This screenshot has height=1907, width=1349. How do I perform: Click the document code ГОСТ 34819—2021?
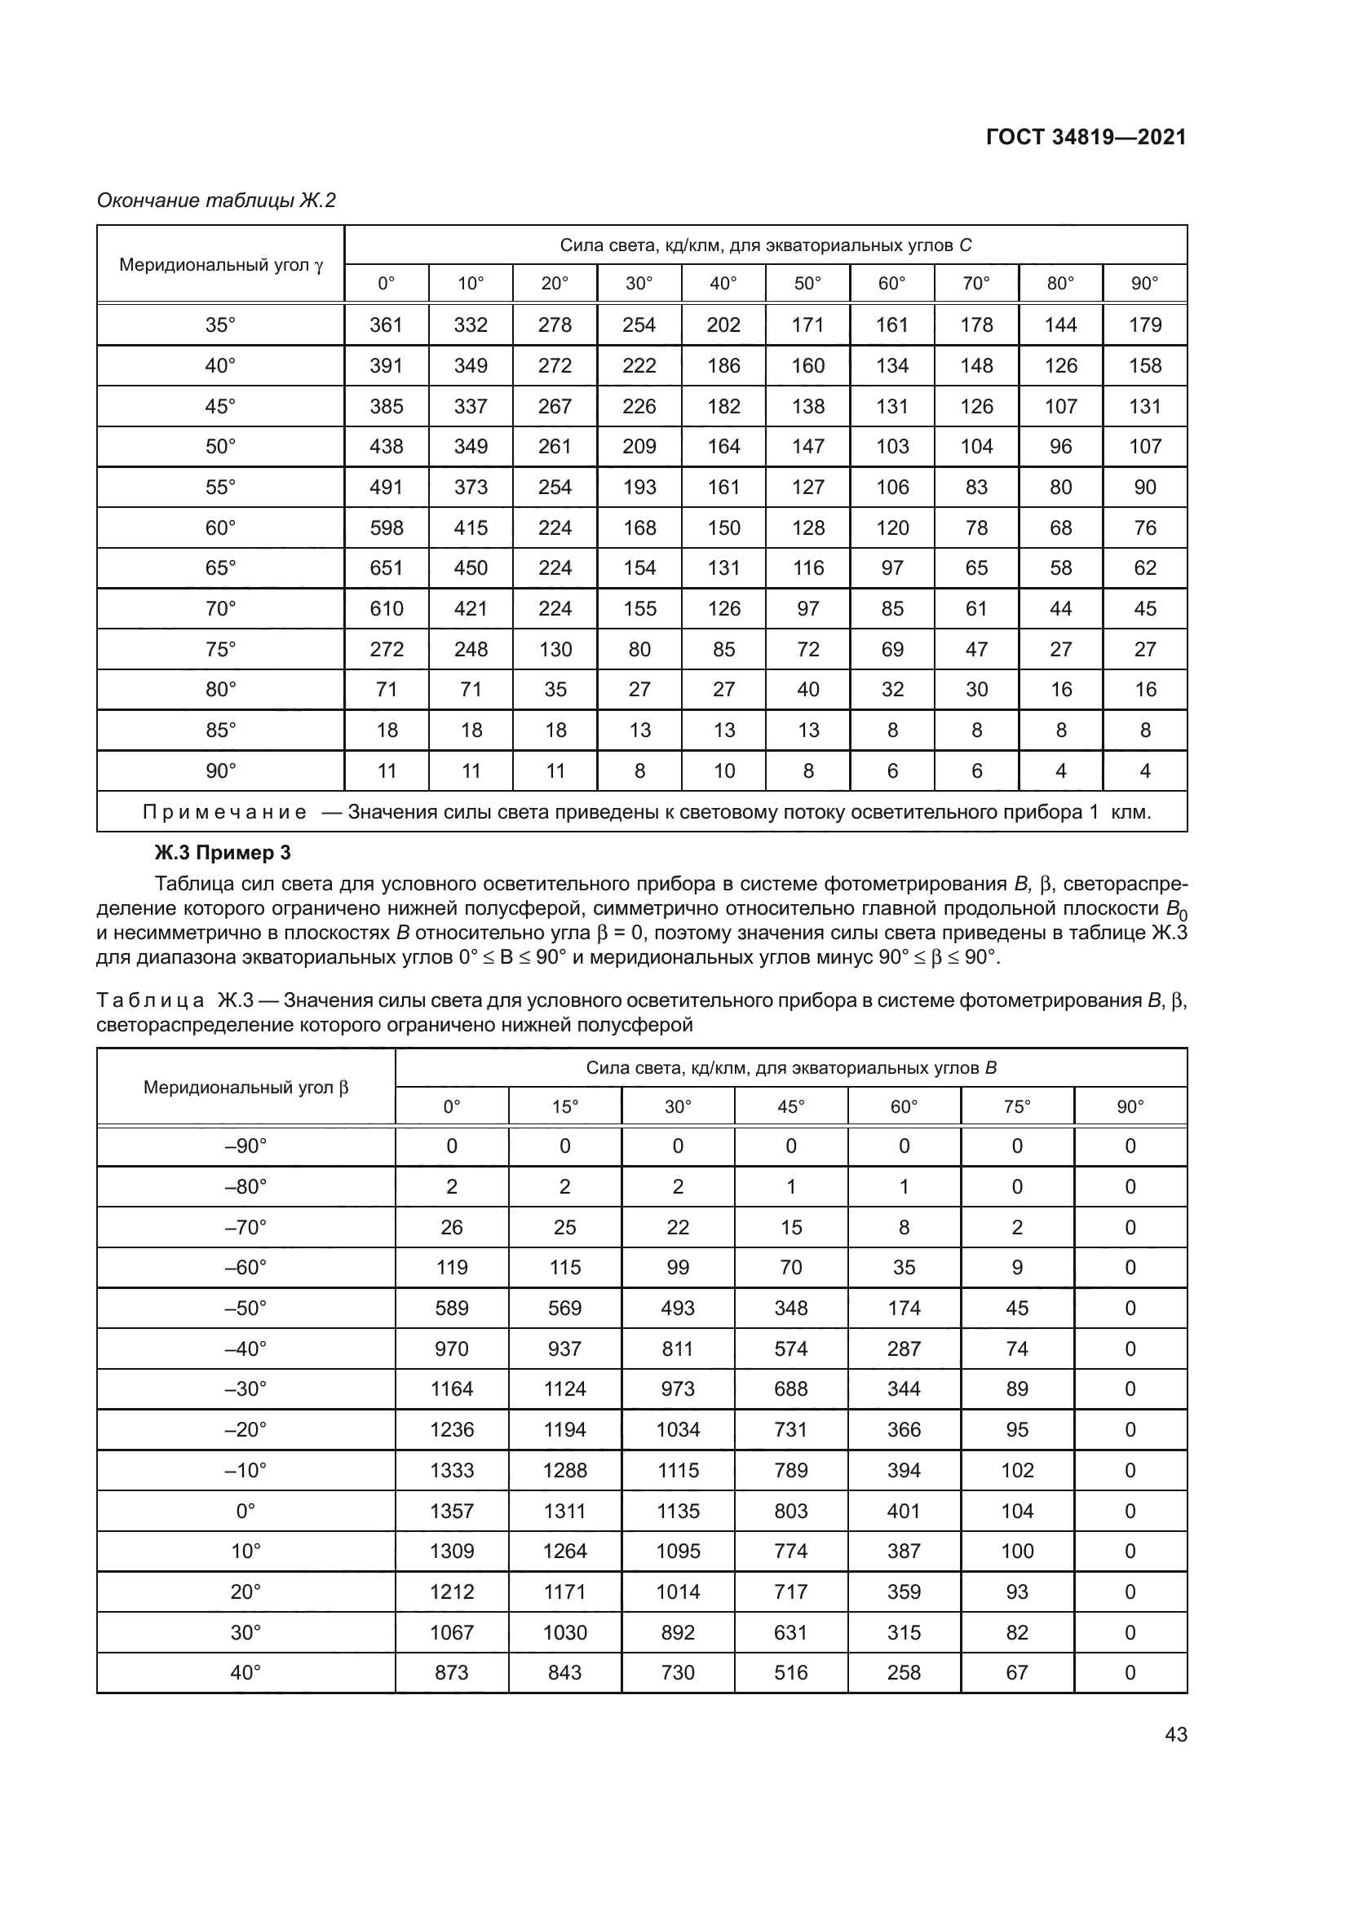pyautogui.click(x=1086, y=137)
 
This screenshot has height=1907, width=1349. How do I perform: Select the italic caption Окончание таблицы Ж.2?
pyautogui.click(x=216, y=201)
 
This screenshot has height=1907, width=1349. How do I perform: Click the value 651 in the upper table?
pyautogui.click(x=387, y=568)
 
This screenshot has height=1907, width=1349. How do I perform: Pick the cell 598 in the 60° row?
pyautogui.click(x=387, y=528)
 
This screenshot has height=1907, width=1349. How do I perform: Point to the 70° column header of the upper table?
pyautogui.click(x=976, y=283)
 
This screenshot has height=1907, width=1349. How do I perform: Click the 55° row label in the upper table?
pyautogui.click(x=220, y=488)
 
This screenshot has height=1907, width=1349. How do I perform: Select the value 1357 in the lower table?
pyautogui.click(x=451, y=1511)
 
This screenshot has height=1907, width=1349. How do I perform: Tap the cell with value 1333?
pyautogui.click(x=451, y=1470)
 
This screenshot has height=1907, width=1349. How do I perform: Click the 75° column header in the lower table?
pyautogui.click(x=1017, y=1106)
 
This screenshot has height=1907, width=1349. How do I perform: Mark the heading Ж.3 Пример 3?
pyautogui.click(x=223, y=853)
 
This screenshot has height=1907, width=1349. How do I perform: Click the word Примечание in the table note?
pyautogui.click(x=224, y=811)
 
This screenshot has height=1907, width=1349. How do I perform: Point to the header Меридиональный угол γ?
pyautogui.click(x=220, y=265)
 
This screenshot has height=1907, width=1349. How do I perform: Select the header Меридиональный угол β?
pyautogui.click(x=245, y=1088)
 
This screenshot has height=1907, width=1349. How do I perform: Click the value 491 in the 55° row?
pyautogui.click(x=387, y=488)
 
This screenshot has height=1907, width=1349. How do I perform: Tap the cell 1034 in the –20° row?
pyautogui.click(x=677, y=1429)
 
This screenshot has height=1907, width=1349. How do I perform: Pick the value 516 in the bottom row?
pyautogui.click(x=790, y=1672)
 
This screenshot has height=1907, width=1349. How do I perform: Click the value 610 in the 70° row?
pyautogui.click(x=387, y=609)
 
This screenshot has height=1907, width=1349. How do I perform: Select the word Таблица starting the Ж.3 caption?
pyautogui.click(x=149, y=1000)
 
